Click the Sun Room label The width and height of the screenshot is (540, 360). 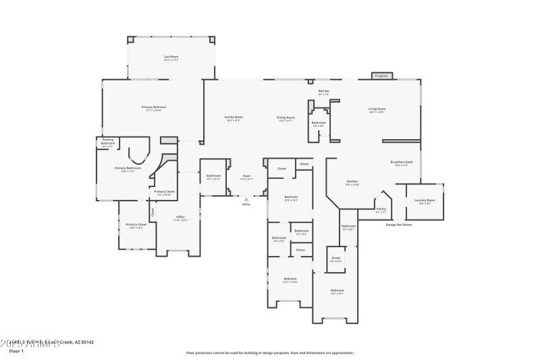pos(171,57)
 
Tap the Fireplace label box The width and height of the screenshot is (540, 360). pos(381,76)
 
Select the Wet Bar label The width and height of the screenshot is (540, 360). pos(323,92)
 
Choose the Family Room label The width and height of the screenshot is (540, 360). pos(234,118)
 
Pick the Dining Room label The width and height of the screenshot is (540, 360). pos(286,119)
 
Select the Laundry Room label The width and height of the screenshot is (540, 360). pos(425,201)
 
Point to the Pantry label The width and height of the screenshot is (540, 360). pos(381,210)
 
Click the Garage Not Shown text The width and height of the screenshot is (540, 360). pos(398,225)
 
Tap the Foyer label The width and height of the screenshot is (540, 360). pos(247,178)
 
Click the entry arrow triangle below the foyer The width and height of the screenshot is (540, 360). pos(246,199)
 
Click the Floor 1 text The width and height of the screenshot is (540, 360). pos(16,351)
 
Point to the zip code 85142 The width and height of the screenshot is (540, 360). pos(86,342)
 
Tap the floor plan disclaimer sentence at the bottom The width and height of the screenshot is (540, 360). pos(269,353)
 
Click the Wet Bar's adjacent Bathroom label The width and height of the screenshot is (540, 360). pos(319,124)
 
